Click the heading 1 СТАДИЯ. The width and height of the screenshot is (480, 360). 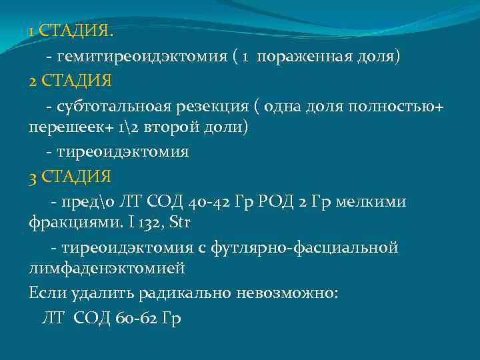point(71,31)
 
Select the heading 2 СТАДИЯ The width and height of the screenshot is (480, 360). point(71,81)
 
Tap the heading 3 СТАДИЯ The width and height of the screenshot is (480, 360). point(71,177)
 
